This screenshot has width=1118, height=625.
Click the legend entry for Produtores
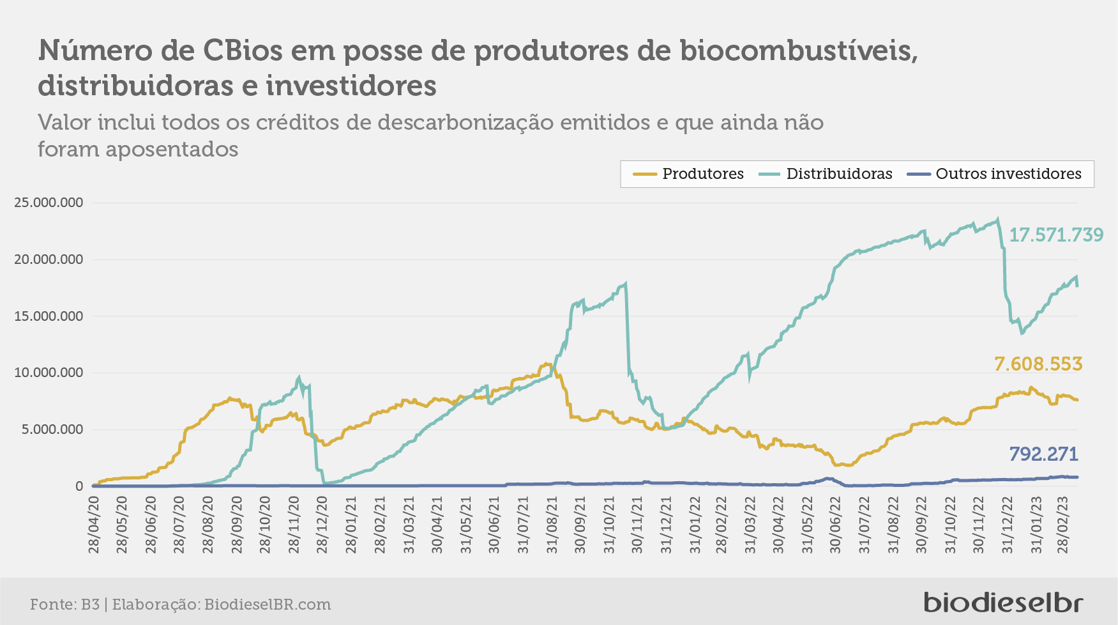(x=688, y=174)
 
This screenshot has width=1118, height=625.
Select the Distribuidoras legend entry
(x=825, y=174)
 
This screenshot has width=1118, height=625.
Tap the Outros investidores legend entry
(x=994, y=174)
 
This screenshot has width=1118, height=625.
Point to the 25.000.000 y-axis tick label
(x=49, y=203)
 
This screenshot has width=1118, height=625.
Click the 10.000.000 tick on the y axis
(x=49, y=373)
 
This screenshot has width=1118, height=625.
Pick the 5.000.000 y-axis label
(x=52, y=429)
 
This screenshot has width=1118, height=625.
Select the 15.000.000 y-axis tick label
(x=49, y=316)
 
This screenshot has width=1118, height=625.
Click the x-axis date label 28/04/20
(x=94, y=525)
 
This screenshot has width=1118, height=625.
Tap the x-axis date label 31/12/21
(x=666, y=525)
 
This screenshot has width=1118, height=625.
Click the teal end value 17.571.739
(x=1056, y=235)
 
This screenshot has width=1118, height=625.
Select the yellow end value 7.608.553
(x=1038, y=364)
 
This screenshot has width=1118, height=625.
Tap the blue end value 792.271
(x=1043, y=454)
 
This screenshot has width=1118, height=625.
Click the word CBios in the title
(x=243, y=50)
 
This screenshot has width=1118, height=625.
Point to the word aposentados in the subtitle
(x=172, y=150)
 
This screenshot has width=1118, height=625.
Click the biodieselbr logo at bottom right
(x=1004, y=602)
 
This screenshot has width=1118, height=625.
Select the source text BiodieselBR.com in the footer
(x=268, y=605)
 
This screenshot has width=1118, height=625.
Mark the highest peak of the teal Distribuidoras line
(x=997, y=219)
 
